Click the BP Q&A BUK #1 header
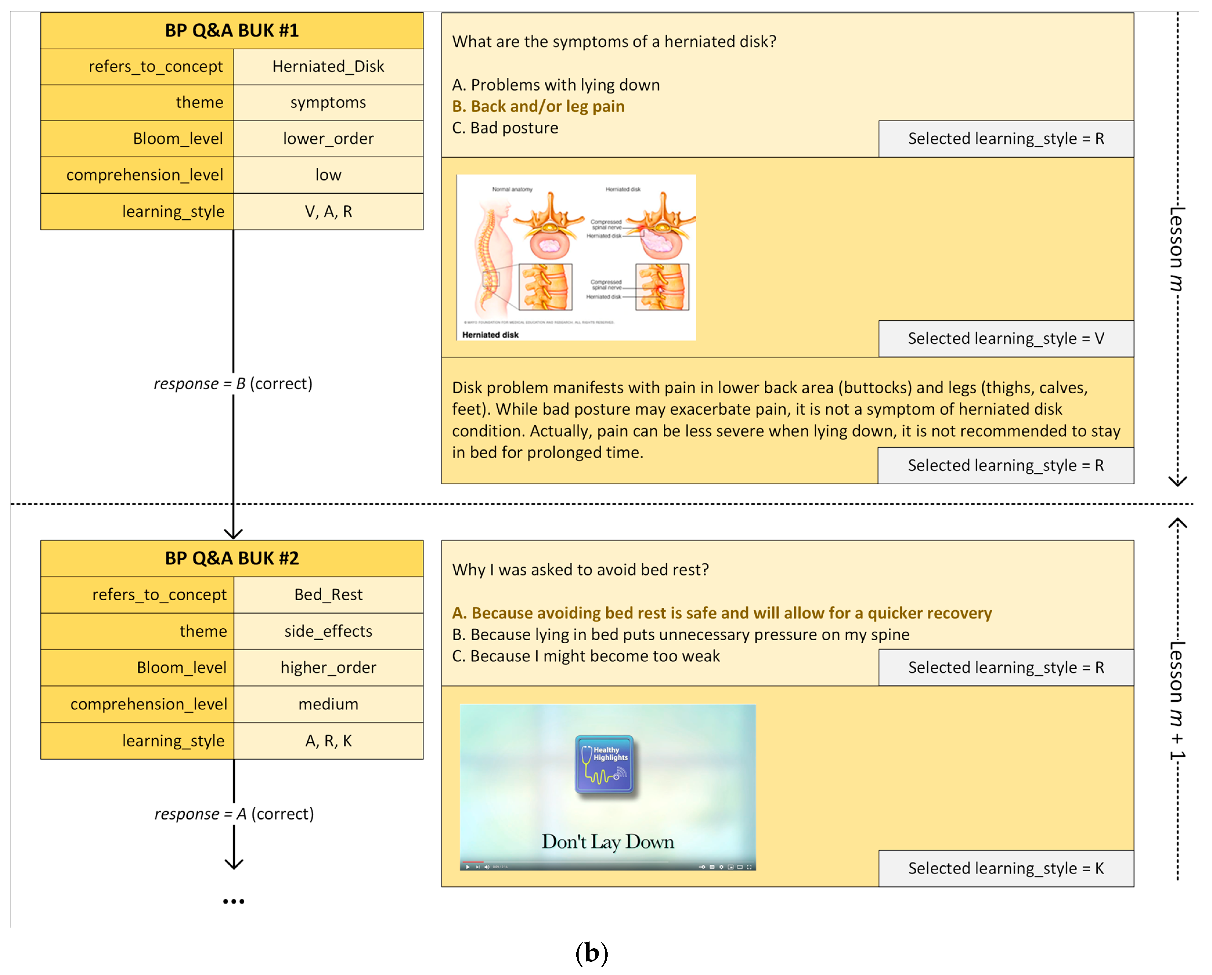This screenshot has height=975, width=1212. tap(232, 30)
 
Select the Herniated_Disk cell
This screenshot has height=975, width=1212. tap(328, 67)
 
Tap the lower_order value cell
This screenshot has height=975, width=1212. tap(328, 139)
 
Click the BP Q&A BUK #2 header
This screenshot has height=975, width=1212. tap(232, 558)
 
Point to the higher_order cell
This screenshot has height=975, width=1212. tap(328, 668)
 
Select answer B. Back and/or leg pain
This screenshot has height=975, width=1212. tap(538, 107)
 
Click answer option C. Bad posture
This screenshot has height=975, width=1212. tap(505, 128)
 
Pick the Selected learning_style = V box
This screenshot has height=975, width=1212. tap(1006, 339)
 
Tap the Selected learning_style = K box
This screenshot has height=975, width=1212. tap(1006, 869)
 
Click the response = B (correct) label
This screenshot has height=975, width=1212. tap(233, 384)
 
